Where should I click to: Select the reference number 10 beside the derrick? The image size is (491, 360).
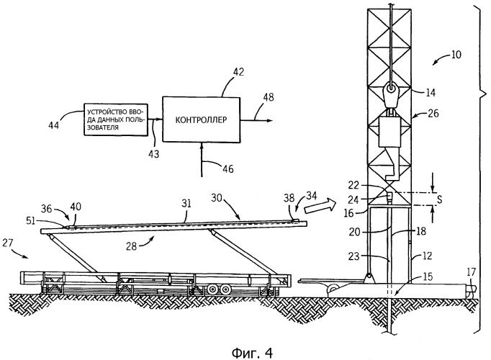(456, 54)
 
